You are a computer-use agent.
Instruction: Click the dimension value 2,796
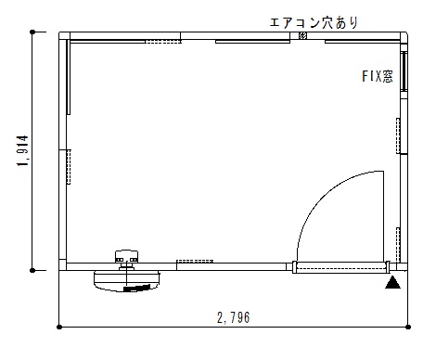234,317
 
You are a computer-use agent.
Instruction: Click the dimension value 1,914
23,151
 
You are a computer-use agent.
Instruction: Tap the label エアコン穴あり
314,22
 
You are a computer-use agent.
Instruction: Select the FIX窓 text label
378,76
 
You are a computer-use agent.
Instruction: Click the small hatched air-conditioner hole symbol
302,35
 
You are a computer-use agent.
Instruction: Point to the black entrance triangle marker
392,283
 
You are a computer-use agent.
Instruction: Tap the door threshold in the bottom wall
340,267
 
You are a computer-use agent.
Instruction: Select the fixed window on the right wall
404,71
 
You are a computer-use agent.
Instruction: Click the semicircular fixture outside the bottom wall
126,281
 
